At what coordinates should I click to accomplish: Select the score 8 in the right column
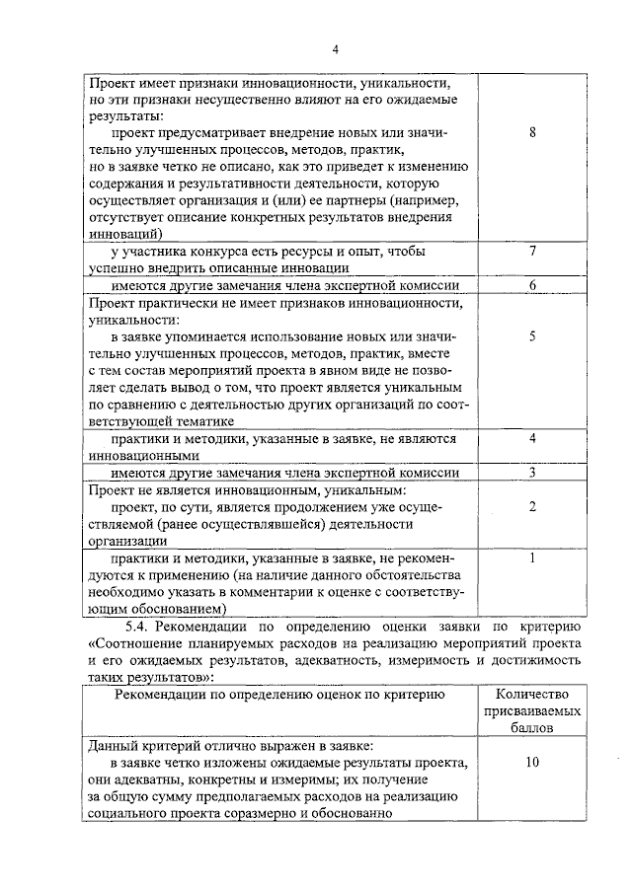pos(532,132)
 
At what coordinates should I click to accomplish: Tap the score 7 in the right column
pos(532,251)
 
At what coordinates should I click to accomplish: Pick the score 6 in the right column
pos(532,285)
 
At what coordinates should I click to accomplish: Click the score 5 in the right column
pos(532,335)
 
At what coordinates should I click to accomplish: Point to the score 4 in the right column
pos(532,437)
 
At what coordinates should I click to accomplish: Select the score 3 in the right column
pos(532,472)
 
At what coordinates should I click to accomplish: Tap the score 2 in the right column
pos(532,506)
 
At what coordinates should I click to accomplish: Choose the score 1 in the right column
pos(532,557)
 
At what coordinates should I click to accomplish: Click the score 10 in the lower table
pos(532,763)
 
